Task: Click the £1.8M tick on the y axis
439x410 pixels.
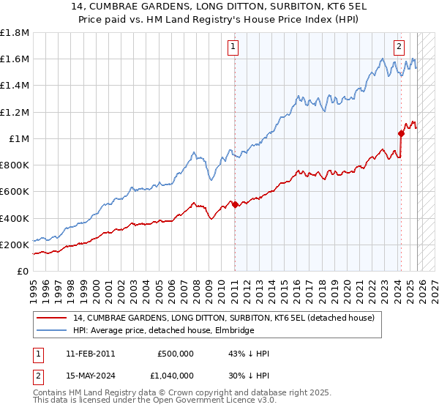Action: (15, 33)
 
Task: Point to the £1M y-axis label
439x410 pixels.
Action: (18, 138)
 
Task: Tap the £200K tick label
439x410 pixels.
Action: (15, 245)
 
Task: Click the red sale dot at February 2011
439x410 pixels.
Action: (235, 205)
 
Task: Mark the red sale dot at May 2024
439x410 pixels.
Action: (401, 133)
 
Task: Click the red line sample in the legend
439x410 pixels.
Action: (53, 318)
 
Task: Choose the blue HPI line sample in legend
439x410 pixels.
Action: (53, 330)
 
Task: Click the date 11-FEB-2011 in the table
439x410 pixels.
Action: (90, 354)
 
